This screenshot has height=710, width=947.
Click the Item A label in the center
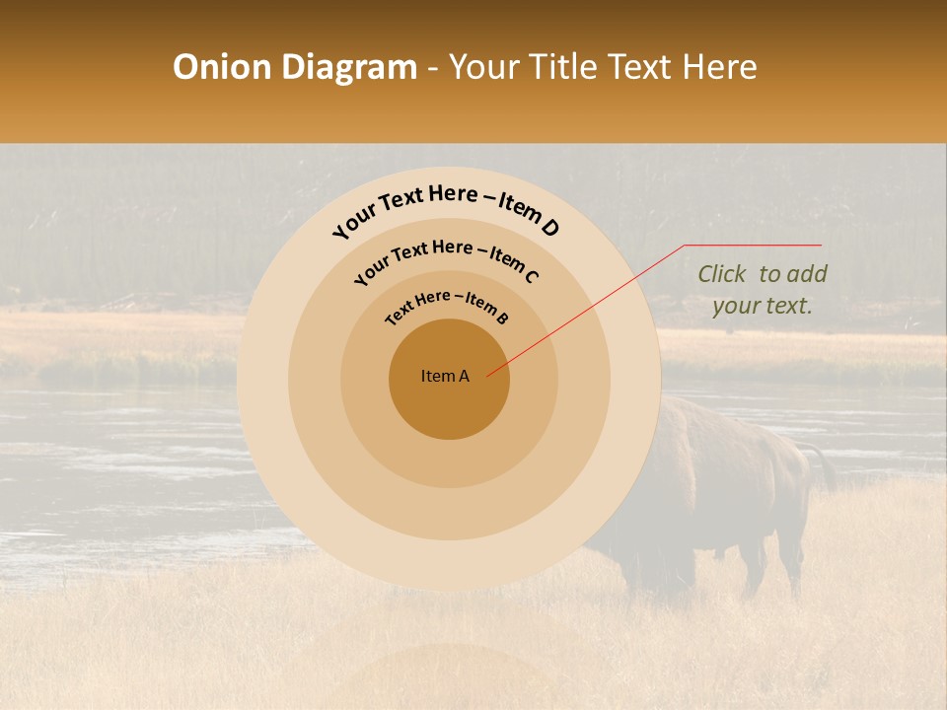point(445,376)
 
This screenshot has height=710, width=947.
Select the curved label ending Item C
point(447,258)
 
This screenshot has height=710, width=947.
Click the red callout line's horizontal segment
point(753,245)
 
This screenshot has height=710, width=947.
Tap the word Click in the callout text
point(722,274)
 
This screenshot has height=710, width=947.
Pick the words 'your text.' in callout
point(762,306)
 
